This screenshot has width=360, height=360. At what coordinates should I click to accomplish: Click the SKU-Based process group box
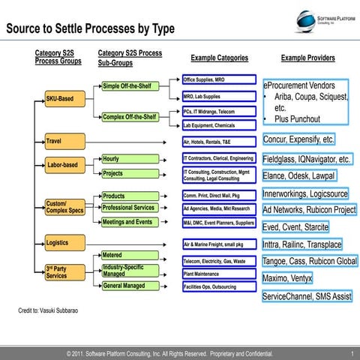(x=64, y=98)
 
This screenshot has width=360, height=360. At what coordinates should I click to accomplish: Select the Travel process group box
(x=64, y=140)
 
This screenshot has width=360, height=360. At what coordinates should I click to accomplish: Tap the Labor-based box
(x=64, y=165)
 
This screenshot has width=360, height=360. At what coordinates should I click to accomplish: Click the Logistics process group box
(x=64, y=243)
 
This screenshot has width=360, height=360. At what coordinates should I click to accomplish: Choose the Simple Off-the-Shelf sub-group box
(x=130, y=86)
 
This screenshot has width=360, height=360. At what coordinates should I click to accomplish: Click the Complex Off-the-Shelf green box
(x=130, y=116)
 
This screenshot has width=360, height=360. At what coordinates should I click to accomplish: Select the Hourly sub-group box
(x=130, y=159)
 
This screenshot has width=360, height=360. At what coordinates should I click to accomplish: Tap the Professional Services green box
(x=130, y=208)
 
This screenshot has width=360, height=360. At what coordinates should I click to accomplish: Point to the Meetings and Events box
(x=130, y=222)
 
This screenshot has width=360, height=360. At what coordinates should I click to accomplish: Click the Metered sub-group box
(x=130, y=256)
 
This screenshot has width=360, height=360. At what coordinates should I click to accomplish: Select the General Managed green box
(x=130, y=286)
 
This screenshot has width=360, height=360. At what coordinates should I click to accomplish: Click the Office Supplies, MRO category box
(x=219, y=79)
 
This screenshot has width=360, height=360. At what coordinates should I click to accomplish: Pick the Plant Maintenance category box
(x=219, y=274)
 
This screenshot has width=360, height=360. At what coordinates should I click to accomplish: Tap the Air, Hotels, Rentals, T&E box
(x=219, y=140)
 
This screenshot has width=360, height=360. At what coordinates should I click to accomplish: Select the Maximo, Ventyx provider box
(x=287, y=278)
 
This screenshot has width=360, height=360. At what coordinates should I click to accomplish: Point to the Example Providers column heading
(x=307, y=58)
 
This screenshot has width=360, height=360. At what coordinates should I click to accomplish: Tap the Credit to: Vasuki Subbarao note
(x=49, y=310)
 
